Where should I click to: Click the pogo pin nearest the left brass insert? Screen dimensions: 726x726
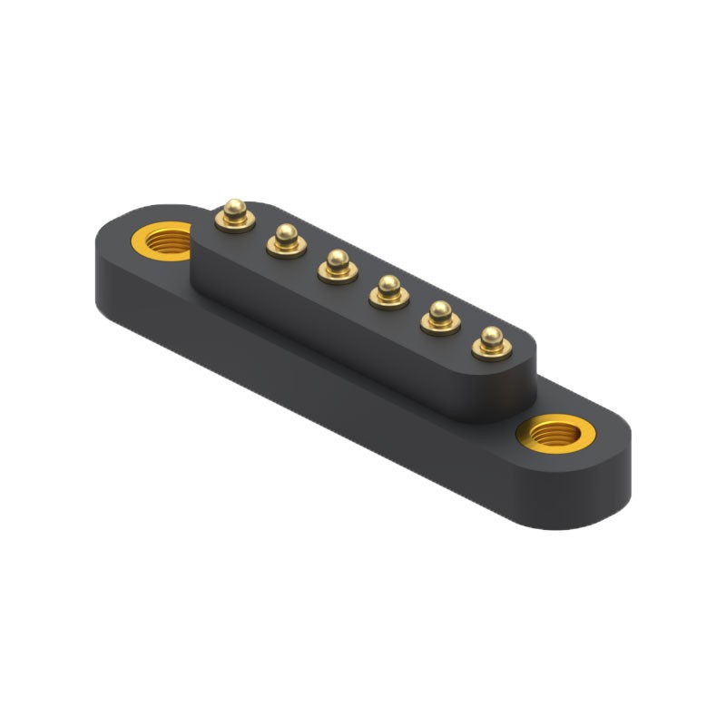tap(234, 216)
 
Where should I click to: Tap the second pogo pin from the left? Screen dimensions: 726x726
tap(285, 240)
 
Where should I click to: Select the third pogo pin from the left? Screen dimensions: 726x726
tap(337, 265)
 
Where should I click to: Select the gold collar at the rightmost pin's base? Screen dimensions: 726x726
tap(491, 350)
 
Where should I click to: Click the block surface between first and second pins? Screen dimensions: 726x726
tap(260, 232)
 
